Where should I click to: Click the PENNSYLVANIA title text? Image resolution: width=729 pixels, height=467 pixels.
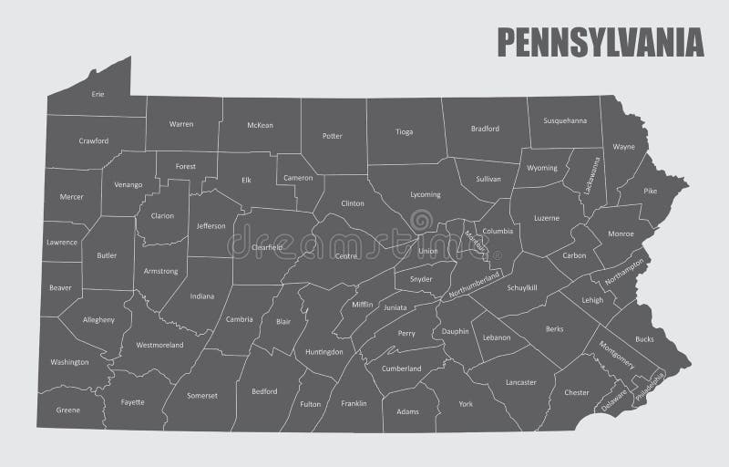(x=600, y=42)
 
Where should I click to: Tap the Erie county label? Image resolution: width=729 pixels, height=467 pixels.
(x=98, y=94)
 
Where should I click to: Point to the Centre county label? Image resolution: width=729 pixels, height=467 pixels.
(x=346, y=256)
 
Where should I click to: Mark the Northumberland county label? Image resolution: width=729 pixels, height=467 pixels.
(x=475, y=285)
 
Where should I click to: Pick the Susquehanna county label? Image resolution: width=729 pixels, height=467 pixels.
(x=565, y=120)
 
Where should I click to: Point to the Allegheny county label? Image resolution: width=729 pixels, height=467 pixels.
(x=99, y=320)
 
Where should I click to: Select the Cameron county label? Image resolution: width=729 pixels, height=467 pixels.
(x=298, y=179)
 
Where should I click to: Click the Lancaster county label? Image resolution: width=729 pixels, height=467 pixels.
(x=520, y=382)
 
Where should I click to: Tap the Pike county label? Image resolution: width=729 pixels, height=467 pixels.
(x=650, y=192)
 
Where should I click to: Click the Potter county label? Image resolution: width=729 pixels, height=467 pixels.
(x=333, y=137)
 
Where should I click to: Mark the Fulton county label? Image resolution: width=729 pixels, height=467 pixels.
(x=311, y=404)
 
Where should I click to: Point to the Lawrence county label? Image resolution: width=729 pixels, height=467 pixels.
(x=62, y=243)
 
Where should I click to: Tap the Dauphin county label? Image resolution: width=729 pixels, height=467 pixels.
(x=455, y=331)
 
